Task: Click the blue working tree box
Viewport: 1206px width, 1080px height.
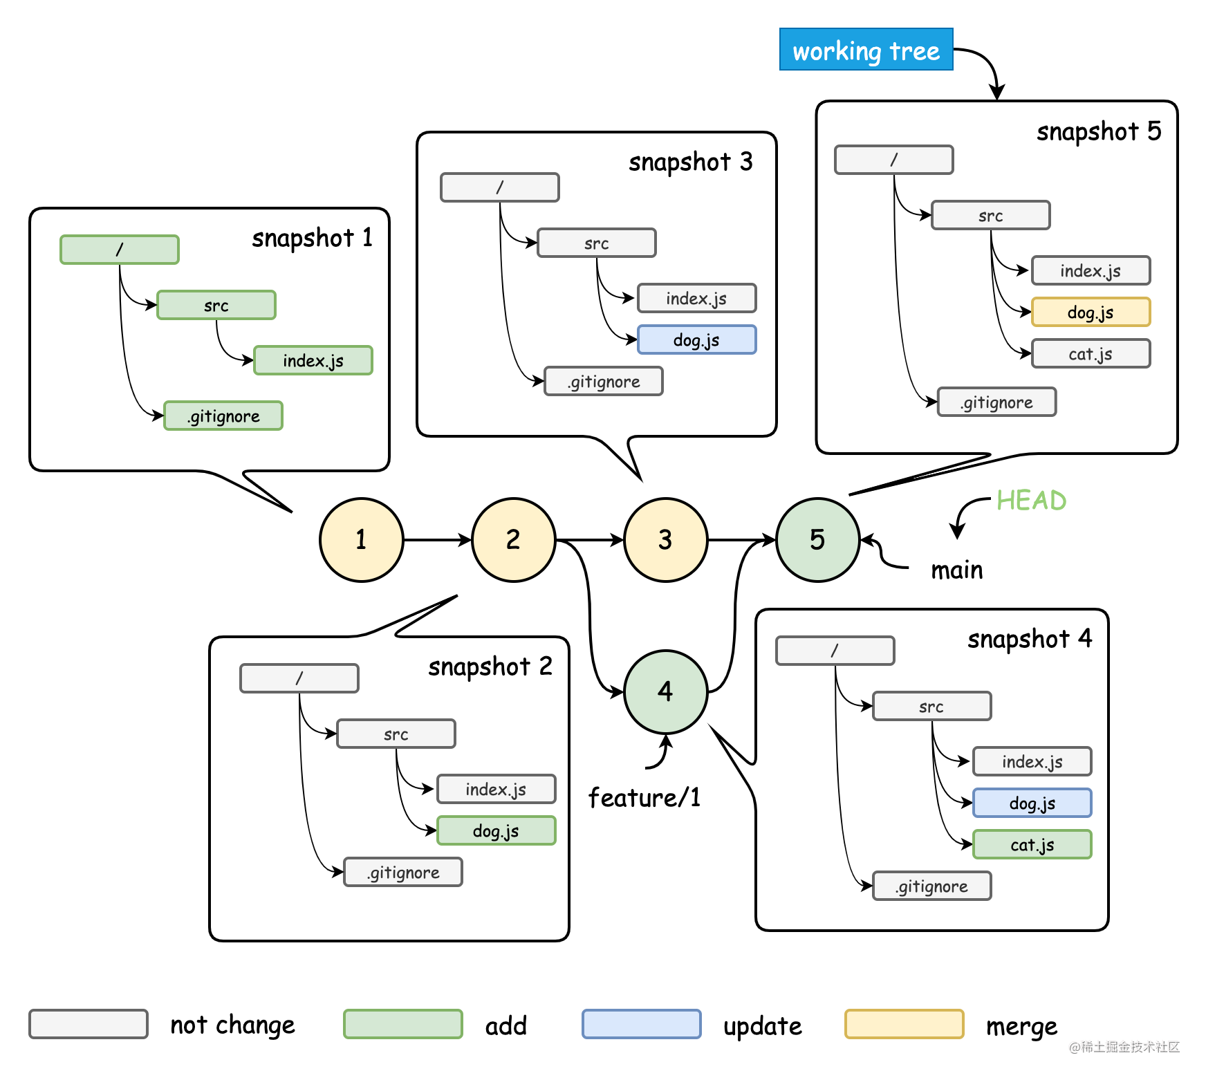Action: [866, 49]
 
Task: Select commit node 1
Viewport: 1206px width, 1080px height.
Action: [361, 539]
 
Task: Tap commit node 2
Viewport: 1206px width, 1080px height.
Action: [513, 539]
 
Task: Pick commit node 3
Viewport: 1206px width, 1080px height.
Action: [665, 539]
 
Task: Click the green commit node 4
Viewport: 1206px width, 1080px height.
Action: [665, 691]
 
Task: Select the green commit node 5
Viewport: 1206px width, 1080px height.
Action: [817, 539]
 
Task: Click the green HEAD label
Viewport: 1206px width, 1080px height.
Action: [1031, 500]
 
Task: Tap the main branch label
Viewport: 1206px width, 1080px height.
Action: [956, 570]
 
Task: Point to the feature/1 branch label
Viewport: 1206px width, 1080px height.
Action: [644, 797]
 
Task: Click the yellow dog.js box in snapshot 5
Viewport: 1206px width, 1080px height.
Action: [1091, 312]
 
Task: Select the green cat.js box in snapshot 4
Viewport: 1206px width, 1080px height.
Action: [1032, 844]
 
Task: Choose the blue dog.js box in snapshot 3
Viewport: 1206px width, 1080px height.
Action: [696, 339]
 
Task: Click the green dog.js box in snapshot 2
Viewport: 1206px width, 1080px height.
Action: [496, 830]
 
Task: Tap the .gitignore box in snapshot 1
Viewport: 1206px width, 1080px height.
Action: [223, 416]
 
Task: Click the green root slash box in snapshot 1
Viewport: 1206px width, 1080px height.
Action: [120, 250]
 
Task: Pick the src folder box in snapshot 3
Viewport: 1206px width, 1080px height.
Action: [596, 243]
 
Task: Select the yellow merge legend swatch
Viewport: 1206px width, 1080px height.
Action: [904, 1024]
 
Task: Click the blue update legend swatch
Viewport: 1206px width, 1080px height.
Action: [641, 1024]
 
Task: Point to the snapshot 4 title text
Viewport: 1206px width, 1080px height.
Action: [1029, 639]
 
